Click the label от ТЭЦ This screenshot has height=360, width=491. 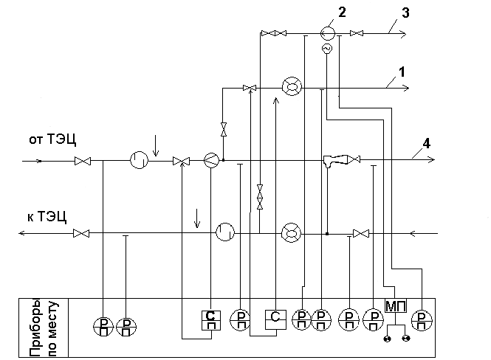coord(52,139)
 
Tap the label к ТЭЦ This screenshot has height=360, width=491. coord(47,216)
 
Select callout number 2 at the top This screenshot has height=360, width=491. coord(342,13)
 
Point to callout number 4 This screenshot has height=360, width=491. coord(426,144)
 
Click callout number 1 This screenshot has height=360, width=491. coord(402,72)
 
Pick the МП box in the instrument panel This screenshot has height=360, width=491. coord(396,305)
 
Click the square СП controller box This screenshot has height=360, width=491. coord(211,320)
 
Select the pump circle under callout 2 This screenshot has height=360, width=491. coord(328,33)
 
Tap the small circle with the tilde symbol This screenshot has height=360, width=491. coord(327,49)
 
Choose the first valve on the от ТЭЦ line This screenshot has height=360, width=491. coord(83,161)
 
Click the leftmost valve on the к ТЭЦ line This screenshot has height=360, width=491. coord(81,233)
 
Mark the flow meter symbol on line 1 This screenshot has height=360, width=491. coord(292,87)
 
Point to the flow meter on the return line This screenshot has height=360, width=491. coord(291,233)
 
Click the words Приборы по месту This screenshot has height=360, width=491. coord(44,328)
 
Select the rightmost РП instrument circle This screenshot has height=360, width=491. coord(422,321)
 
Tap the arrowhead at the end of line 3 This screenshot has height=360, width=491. coord(403,33)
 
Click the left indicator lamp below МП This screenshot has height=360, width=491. coord(388,339)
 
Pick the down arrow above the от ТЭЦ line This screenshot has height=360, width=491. coord(156,145)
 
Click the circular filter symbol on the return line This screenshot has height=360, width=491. coord(225,232)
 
